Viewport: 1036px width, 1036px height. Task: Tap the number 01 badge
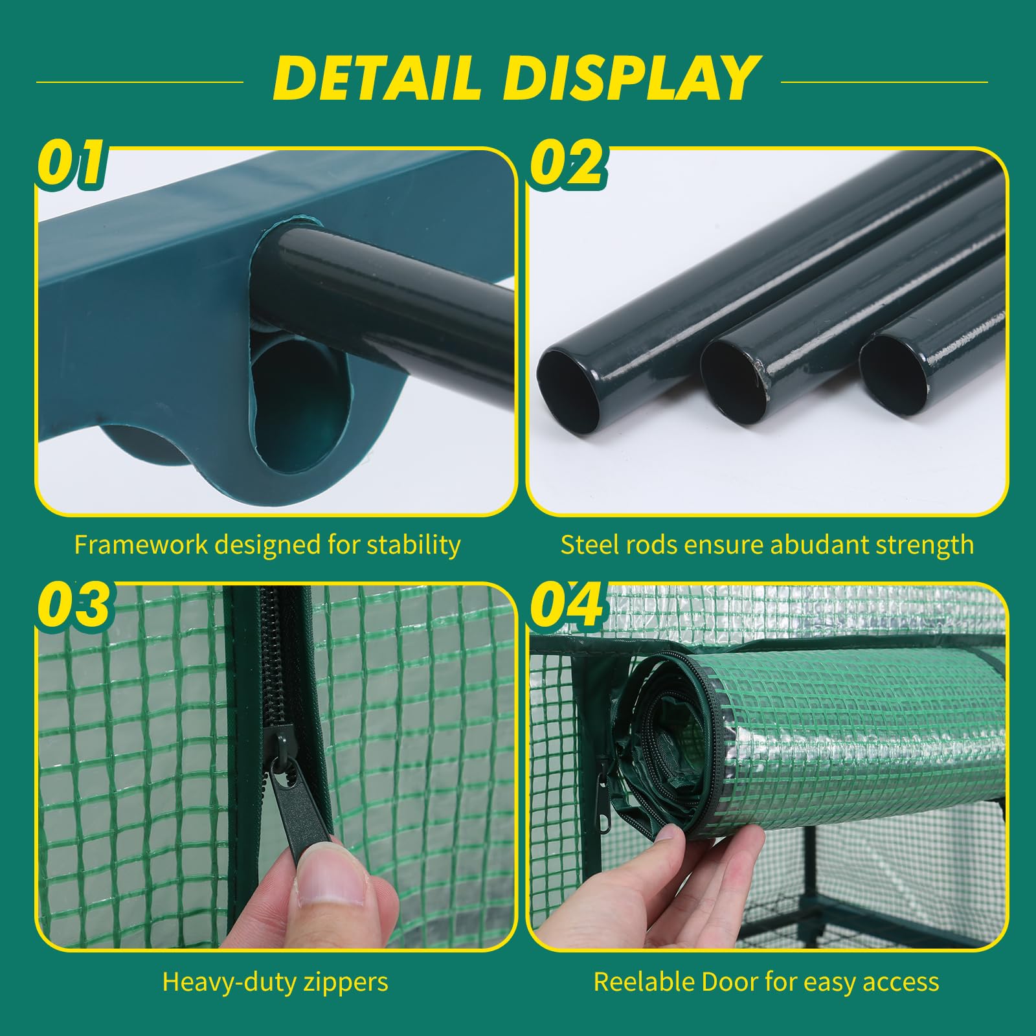71,163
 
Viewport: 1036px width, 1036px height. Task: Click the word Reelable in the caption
644,982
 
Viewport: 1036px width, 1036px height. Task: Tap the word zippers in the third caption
344,983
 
